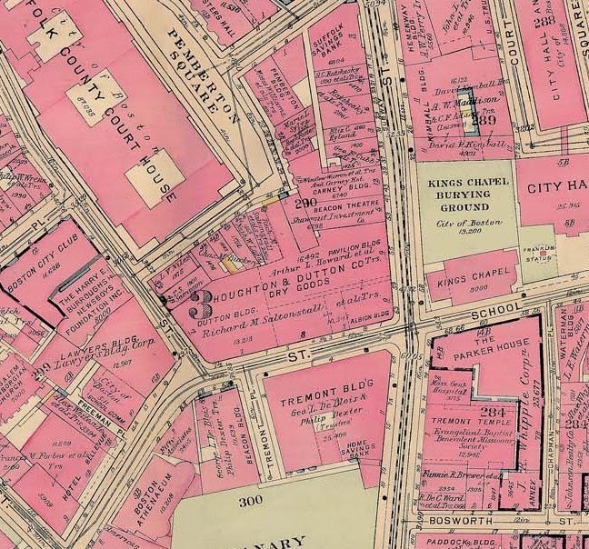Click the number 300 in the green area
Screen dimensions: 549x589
point(250,501)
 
